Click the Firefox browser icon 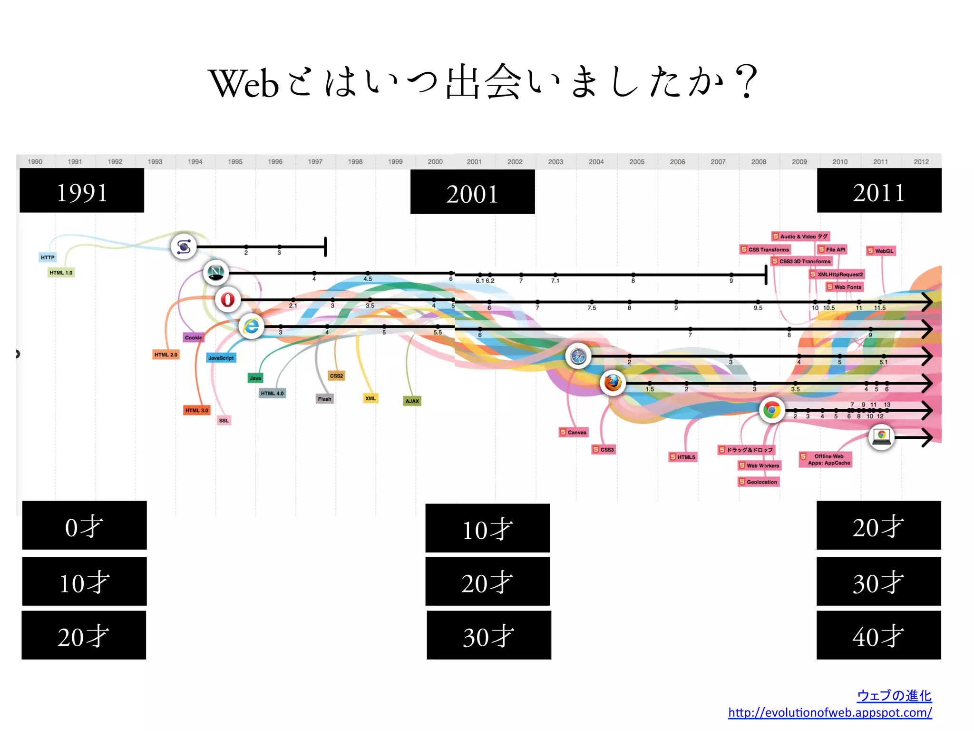tap(613, 383)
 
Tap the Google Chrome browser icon tap(771, 410)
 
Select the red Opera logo tap(227, 299)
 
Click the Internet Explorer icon tap(251, 326)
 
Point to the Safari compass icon tap(578, 356)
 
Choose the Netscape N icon tap(216, 272)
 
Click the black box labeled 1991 tap(82, 191)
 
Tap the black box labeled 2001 tap(472, 192)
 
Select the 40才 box tap(878, 635)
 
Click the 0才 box tap(84, 525)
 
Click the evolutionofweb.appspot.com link tap(830, 712)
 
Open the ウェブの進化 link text tap(894, 695)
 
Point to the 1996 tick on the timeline tap(275, 162)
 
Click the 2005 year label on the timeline tap(637, 162)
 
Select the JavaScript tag tap(221, 358)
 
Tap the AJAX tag tap(412, 401)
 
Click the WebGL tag tap(881, 251)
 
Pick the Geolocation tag tap(759, 482)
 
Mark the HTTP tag tap(48, 257)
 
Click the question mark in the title tap(746, 82)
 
